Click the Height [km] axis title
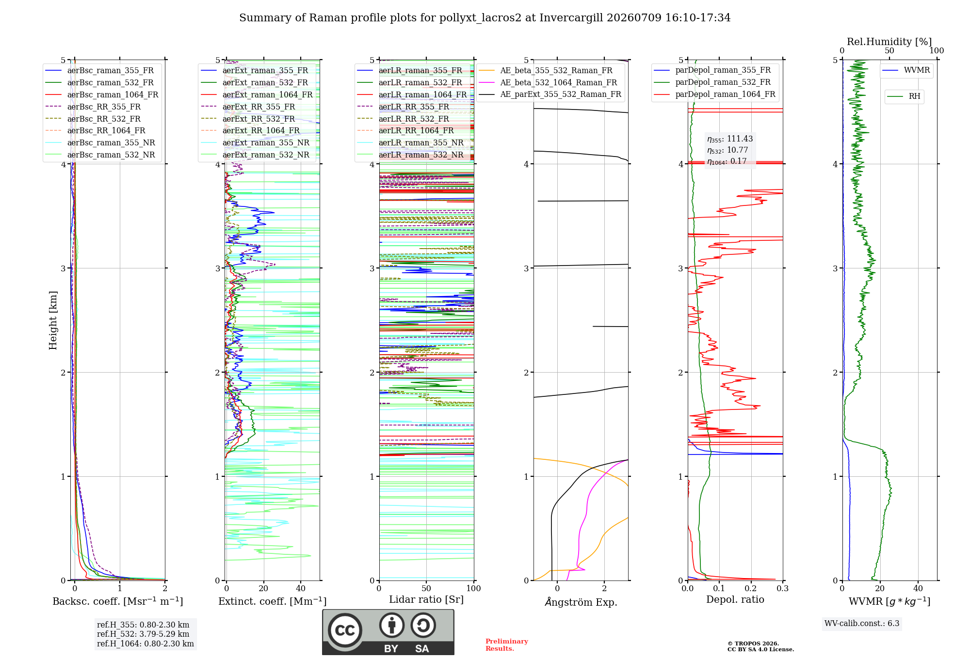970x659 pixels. click(x=53, y=320)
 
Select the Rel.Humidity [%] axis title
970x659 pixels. click(x=889, y=42)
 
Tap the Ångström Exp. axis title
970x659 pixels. click(x=581, y=602)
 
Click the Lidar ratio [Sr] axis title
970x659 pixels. click(x=426, y=599)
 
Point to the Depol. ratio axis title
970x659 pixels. click(x=735, y=599)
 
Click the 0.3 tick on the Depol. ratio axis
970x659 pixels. click(x=782, y=588)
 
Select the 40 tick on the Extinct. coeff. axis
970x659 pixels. click(x=301, y=588)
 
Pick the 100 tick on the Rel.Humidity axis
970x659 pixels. click(x=937, y=50)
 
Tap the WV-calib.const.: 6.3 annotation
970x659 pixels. click(x=862, y=623)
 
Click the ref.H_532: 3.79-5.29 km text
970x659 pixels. click(x=143, y=634)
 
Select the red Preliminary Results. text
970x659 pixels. click(x=507, y=645)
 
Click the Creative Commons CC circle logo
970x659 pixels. click(x=345, y=630)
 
